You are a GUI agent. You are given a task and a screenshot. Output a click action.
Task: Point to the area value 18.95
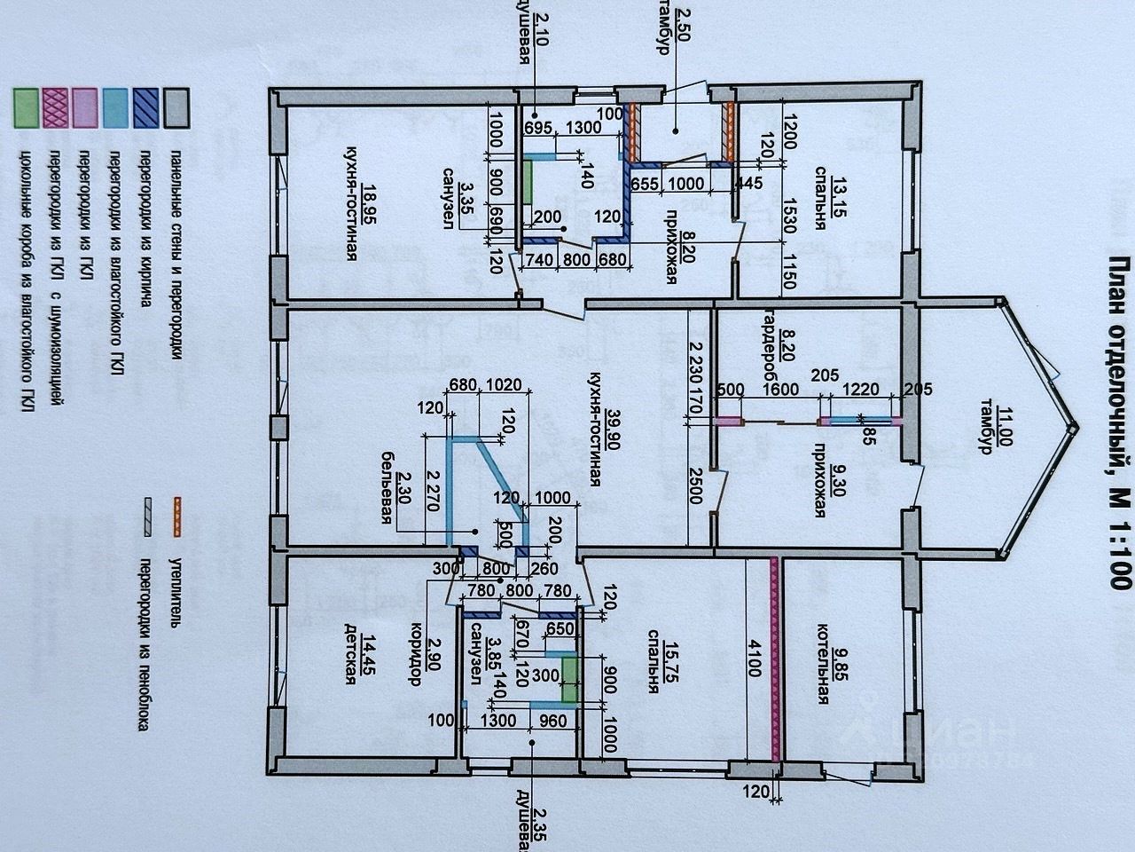click(367, 199)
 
